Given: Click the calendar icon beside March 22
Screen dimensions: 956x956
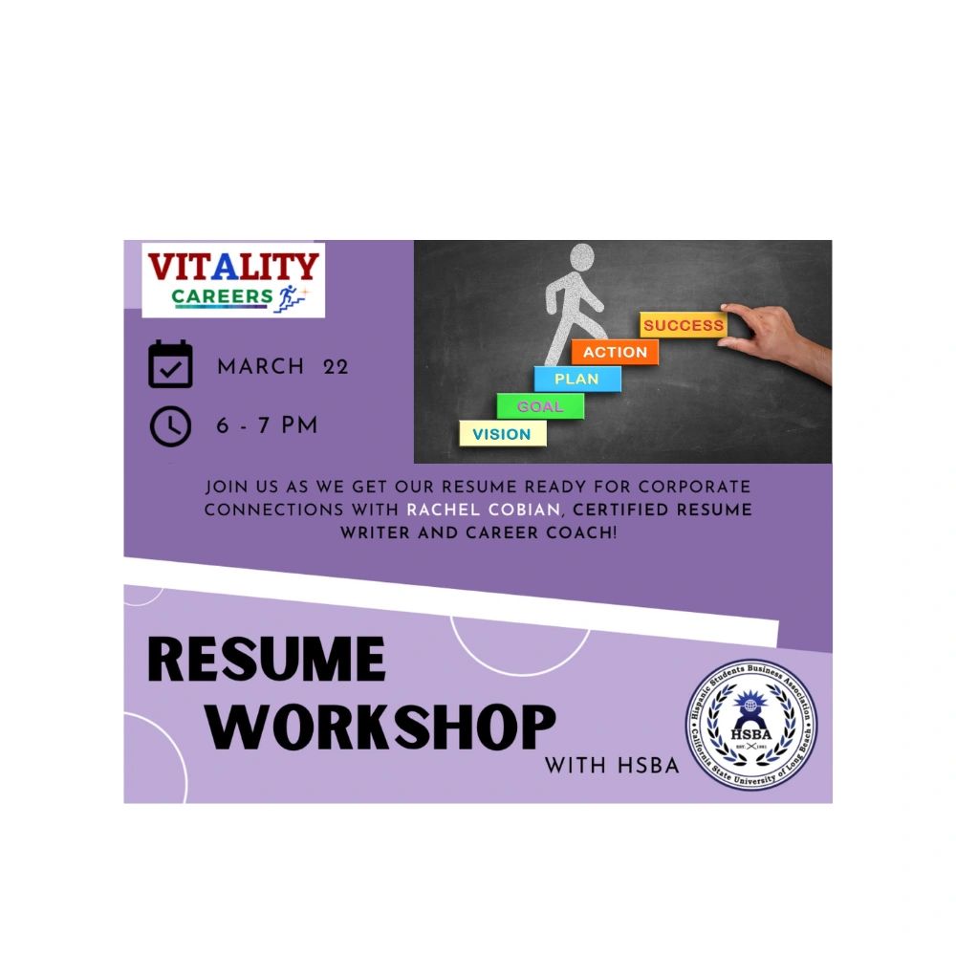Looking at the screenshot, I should click(x=171, y=365).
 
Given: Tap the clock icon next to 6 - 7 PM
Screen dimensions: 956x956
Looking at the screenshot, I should click(x=171, y=426).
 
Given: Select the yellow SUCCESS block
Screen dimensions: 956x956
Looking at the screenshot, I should click(x=683, y=325).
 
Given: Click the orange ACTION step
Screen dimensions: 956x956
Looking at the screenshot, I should click(x=615, y=352).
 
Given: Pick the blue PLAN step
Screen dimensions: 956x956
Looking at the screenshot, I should click(x=576, y=379).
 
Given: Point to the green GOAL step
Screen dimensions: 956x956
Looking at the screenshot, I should click(x=540, y=406).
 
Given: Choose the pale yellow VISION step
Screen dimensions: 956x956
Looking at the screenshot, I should click(x=502, y=434).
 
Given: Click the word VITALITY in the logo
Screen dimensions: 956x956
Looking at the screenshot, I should click(x=233, y=268).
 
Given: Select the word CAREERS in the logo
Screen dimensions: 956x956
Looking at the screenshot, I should click(x=223, y=296).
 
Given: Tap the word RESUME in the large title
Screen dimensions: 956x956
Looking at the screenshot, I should click(x=267, y=660).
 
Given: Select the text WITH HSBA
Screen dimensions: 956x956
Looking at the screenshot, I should click(x=612, y=766).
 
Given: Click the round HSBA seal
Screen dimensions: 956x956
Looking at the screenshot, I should click(x=751, y=725).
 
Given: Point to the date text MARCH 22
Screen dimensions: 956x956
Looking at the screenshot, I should click(x=283, y=367).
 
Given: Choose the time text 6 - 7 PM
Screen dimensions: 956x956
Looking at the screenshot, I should click(x=267, y=426).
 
